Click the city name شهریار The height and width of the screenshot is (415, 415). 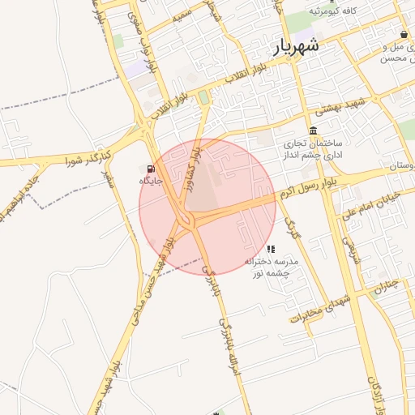(x=297, y=47)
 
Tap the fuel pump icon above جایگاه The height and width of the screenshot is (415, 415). (x=150, y=168)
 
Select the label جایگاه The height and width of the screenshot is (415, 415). (x=151, y=181)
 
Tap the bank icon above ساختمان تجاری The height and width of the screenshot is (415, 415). (x=313, y=131)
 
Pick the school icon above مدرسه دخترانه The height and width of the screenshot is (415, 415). (x=271, y=249)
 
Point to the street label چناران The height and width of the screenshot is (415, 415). (x=385, y=285)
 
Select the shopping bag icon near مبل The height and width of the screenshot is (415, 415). (x=404, y=34)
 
